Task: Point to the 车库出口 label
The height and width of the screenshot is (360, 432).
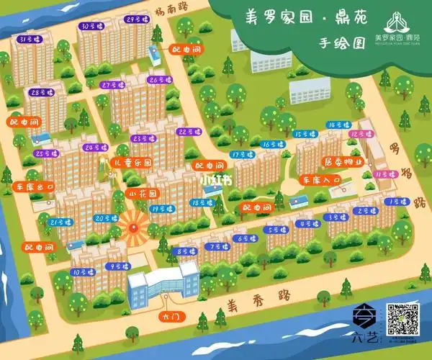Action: pyautogui.click(x=35, y=186)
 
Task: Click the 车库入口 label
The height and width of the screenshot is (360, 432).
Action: pyautogui.click(x=321, y=180)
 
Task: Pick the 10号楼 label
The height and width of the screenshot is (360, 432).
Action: pyautogui.click(x=80, y=272)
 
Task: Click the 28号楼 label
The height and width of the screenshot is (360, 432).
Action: pyautogui.click(x=42, y=93)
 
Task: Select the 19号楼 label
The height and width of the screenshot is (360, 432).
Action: pyautogui.click(x=159, y=209)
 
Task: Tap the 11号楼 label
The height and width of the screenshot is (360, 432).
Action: pyautogui.click(x=385, y=174)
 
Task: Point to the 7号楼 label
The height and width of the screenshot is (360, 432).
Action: pyautogui.click(x=216, y=246)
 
